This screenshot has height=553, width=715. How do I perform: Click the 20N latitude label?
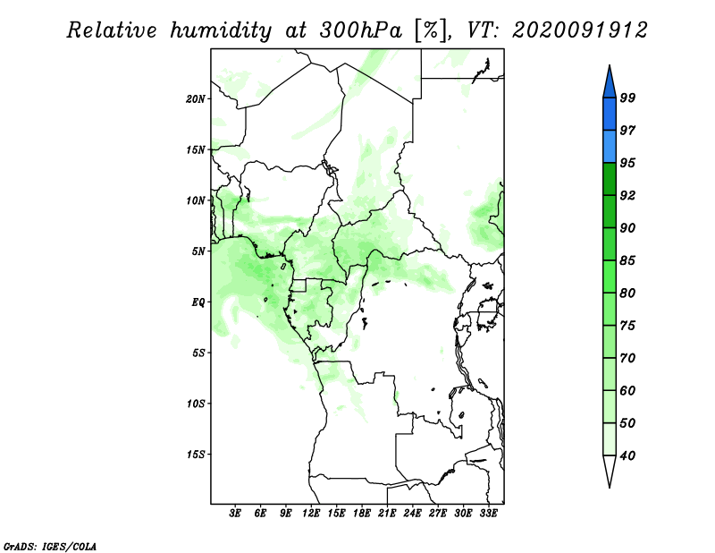tap(196, 98)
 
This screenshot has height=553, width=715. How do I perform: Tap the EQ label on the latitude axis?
tap(198, 302)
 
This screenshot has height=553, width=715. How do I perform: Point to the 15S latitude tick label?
tap(196, 455)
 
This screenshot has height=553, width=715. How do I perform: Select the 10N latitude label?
tap(196, 200)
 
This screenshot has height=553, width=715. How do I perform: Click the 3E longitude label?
tap(235, 514)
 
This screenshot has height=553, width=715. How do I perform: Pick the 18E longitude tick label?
tap(362, 514)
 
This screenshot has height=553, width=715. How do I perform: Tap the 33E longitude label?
tap(488, 514)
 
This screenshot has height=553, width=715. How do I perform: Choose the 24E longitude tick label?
tap(412, 514)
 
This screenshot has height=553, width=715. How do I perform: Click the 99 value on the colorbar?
tap(627, 98)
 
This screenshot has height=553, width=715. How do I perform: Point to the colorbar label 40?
tap(627, 455)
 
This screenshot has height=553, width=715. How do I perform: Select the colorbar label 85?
tap(627, 260)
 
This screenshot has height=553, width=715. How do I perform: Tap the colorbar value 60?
tap(627, 390)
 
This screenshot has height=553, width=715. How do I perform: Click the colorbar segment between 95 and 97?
tap(610, 147)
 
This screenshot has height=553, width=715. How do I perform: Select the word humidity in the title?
tap(221, 30)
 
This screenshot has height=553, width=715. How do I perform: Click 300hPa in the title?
tap(361, 30)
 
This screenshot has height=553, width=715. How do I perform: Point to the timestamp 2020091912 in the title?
tap(580, 30)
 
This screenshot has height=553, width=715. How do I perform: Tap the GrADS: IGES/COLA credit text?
tap(50, 546)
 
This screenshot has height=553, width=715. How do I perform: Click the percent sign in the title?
tap(430, 30)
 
